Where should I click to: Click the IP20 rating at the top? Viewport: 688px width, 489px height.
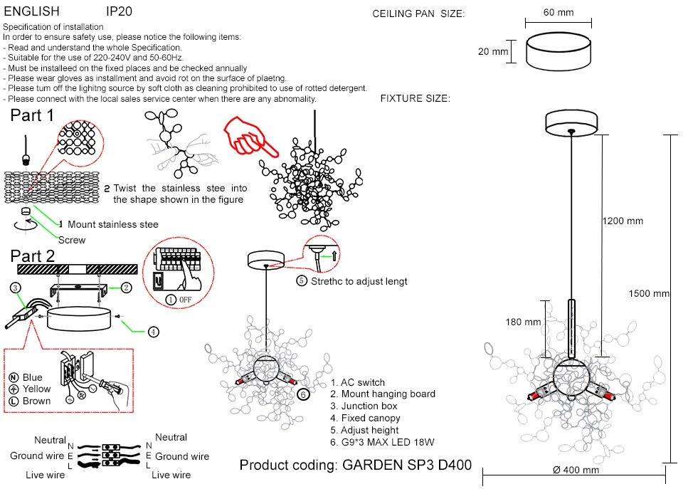[119, 11]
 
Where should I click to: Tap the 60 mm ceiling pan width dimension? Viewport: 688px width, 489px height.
[558, 12]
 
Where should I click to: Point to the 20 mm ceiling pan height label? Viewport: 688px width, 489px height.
[493, 51]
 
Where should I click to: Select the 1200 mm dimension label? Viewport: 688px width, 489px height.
[623, 221]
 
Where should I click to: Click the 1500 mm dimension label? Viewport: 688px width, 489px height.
[649, 294]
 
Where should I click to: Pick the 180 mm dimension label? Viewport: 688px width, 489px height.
[523, 322]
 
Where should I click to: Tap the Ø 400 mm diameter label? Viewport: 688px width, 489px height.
[576, 470]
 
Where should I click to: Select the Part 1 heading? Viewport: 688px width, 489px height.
[32, 115]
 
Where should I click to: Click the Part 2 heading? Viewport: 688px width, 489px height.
[33, 256]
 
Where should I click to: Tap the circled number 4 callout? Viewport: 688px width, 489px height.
[153, 332]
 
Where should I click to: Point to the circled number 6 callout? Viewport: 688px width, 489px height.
[303, 394]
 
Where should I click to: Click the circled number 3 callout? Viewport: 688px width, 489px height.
[16, 288]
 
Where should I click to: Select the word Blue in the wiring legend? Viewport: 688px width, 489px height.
[33, 377]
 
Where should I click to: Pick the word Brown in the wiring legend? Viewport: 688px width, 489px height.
[36, 401]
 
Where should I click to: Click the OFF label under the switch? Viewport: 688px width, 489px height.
[185, 300]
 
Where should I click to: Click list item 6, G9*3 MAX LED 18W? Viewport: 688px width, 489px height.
[382, 442]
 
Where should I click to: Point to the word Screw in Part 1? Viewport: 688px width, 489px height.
[72, 240]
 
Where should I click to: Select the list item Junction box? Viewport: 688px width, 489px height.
[364, 406]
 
